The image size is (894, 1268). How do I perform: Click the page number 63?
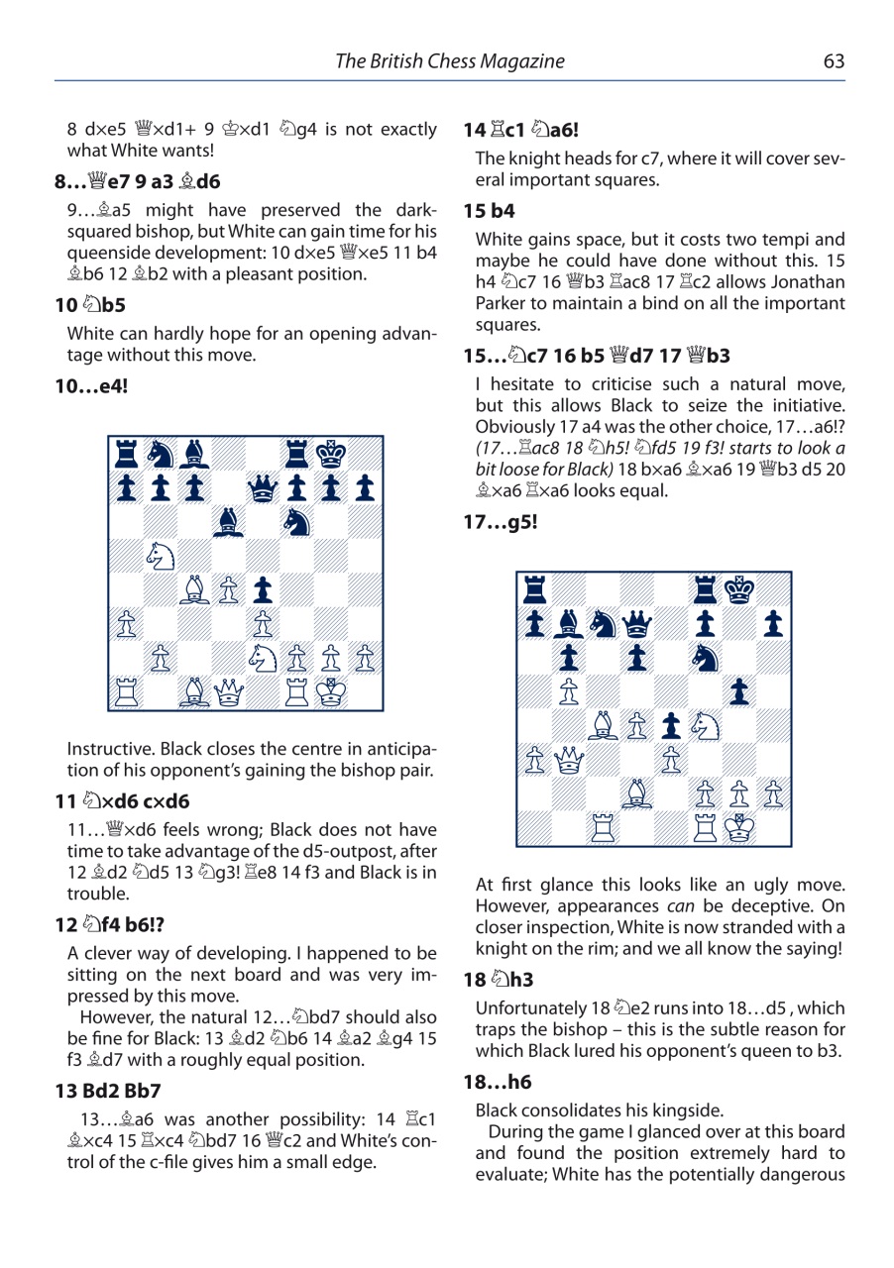[834, 61]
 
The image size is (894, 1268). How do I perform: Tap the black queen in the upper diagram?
[263, 486]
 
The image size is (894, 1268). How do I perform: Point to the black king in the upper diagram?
[331, 453]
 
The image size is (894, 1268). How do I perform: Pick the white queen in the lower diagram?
[569, 760]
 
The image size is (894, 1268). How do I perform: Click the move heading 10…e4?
[97, 384]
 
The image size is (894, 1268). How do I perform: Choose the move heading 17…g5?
[503, 521]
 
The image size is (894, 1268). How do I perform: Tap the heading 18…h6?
[495, 1083]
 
